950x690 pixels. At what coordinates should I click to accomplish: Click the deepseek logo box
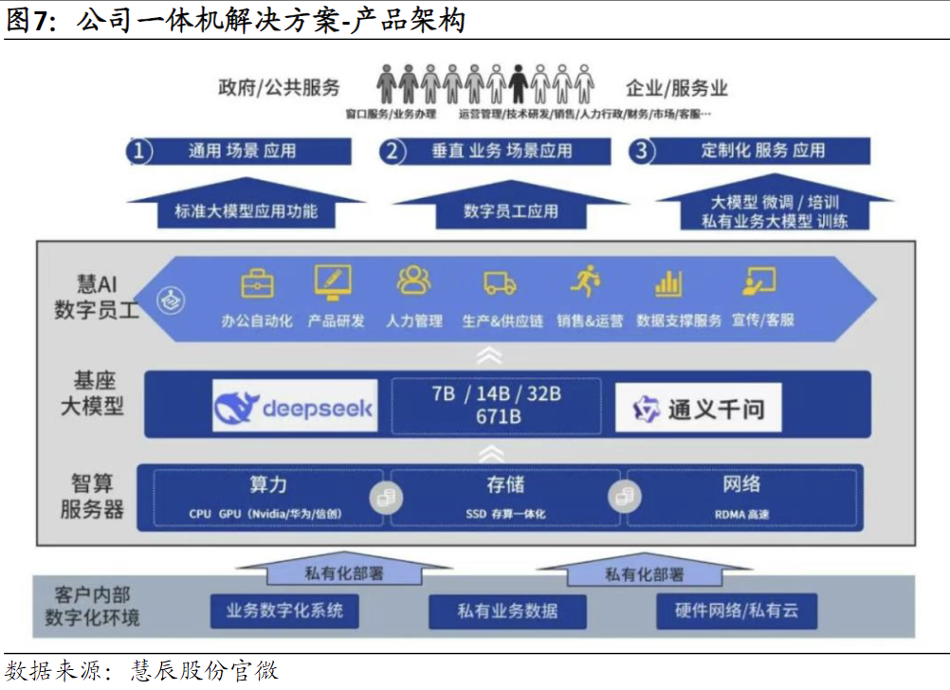tap(295, 408)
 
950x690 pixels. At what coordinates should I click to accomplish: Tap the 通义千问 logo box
tap(698, 409)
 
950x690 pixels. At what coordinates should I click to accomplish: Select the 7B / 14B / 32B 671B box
tap(495, 405)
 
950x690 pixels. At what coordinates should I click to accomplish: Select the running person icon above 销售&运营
tap(585, 281)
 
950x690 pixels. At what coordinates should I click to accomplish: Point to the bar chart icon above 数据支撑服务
tap(668, 282)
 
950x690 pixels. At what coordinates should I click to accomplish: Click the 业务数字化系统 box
tap(284, 610)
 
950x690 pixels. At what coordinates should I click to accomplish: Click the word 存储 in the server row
tap(505, 484)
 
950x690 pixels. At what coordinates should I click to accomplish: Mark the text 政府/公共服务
tap(279, 88)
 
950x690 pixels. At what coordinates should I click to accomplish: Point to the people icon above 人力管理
tap(414, 281)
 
